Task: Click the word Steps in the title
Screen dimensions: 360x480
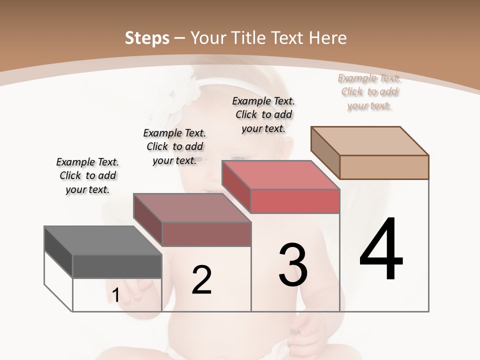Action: [x=147, y=38]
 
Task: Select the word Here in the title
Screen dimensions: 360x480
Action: [x=328, y=38]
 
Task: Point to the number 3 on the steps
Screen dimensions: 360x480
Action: [x=293, y=265]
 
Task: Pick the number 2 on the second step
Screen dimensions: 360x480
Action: [x=201, y=280]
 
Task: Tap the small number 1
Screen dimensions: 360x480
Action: [x=115, y=295]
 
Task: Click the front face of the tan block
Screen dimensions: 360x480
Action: [x=384, y=167]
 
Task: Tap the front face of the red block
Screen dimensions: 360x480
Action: [x=295, y=201]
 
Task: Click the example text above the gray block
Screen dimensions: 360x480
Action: [x=87, y=175]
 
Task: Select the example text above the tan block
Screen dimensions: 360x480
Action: [x=369, y=91]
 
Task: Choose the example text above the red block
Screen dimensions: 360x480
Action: [x=263, y=114]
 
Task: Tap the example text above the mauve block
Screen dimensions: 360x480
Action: [x=174, y=146]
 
